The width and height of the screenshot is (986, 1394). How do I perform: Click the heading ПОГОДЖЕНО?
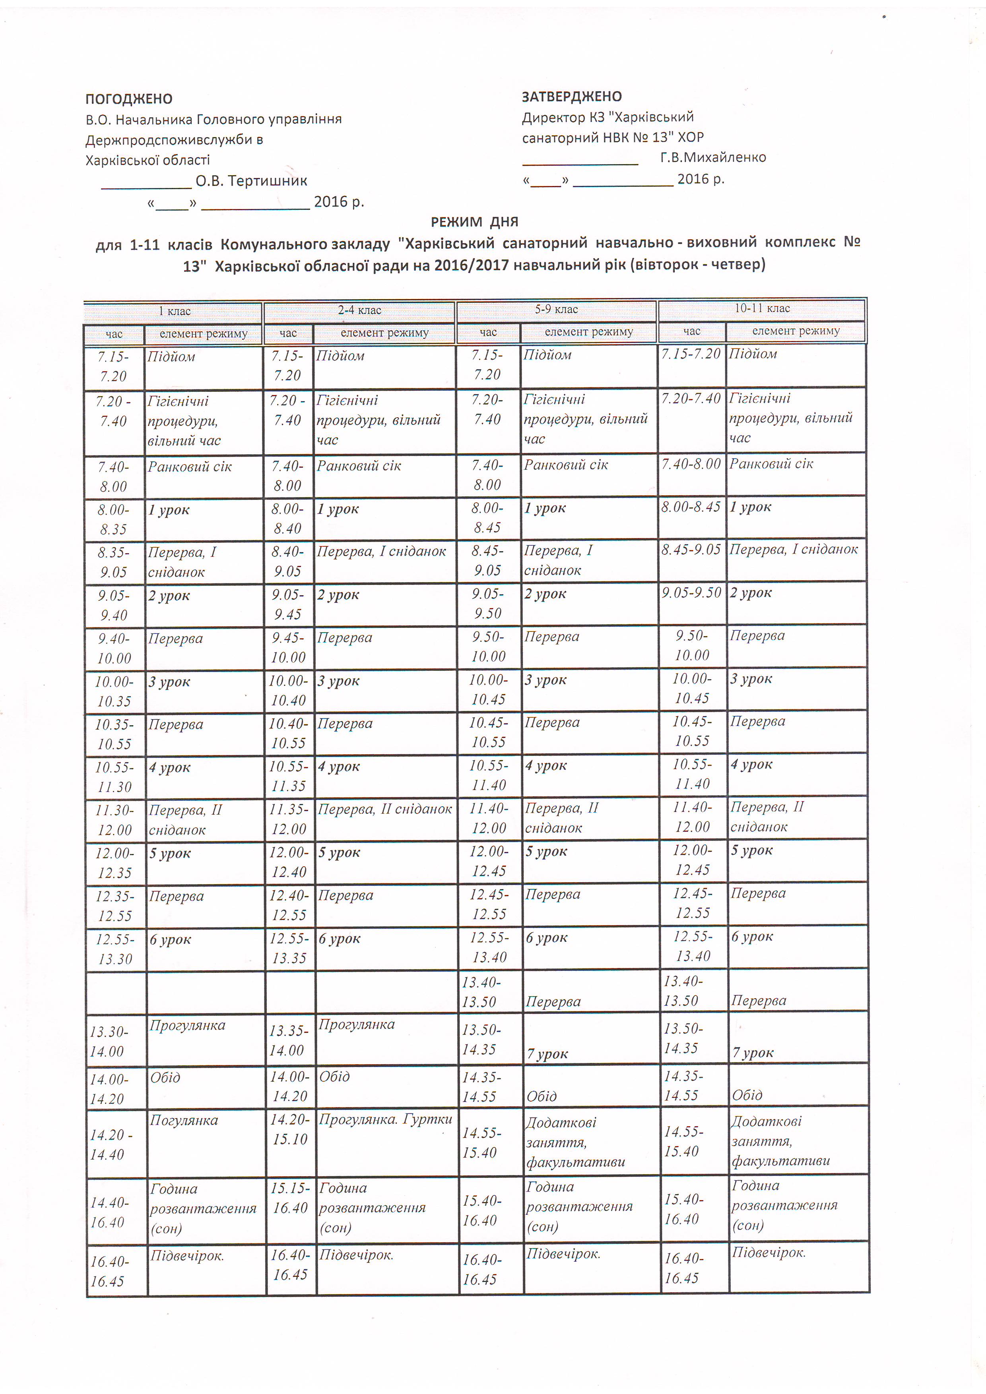click(129, 99)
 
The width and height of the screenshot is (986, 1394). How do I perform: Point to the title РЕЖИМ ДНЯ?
click(474, 222)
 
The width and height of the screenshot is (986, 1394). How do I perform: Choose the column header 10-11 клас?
click(762, 308)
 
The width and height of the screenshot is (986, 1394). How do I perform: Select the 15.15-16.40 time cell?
click(290, 1198)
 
